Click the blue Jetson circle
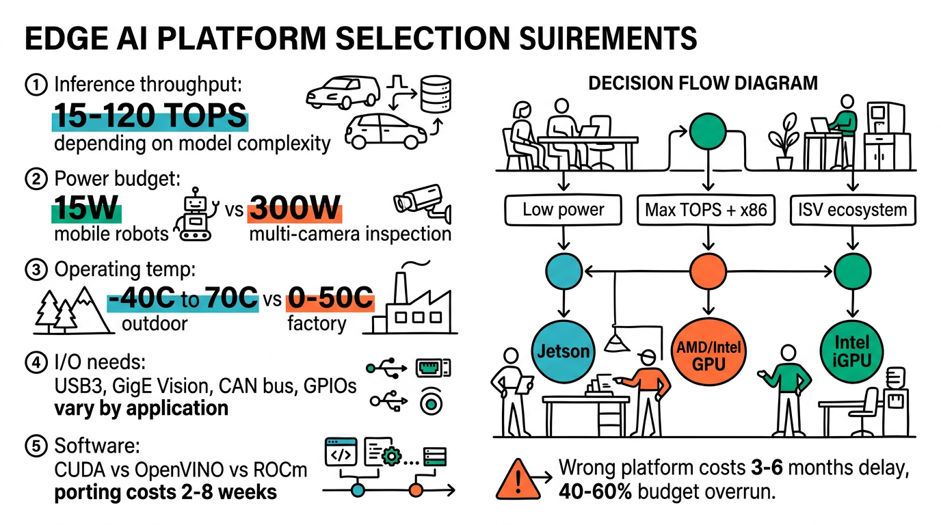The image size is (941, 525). tap(563, 351)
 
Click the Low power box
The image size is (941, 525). tap(564, 209)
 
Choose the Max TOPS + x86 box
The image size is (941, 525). tap(707, 209)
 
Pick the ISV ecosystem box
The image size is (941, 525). tap(851, 209)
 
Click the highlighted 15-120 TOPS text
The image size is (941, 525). tap(149, 116)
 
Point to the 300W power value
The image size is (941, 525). tap(294, 208)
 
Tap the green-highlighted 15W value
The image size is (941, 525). tap(86, 208)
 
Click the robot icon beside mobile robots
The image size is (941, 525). tap(198, 216)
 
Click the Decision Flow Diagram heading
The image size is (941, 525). tap(703, 83)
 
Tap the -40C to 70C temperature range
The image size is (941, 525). tap(183, 298)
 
